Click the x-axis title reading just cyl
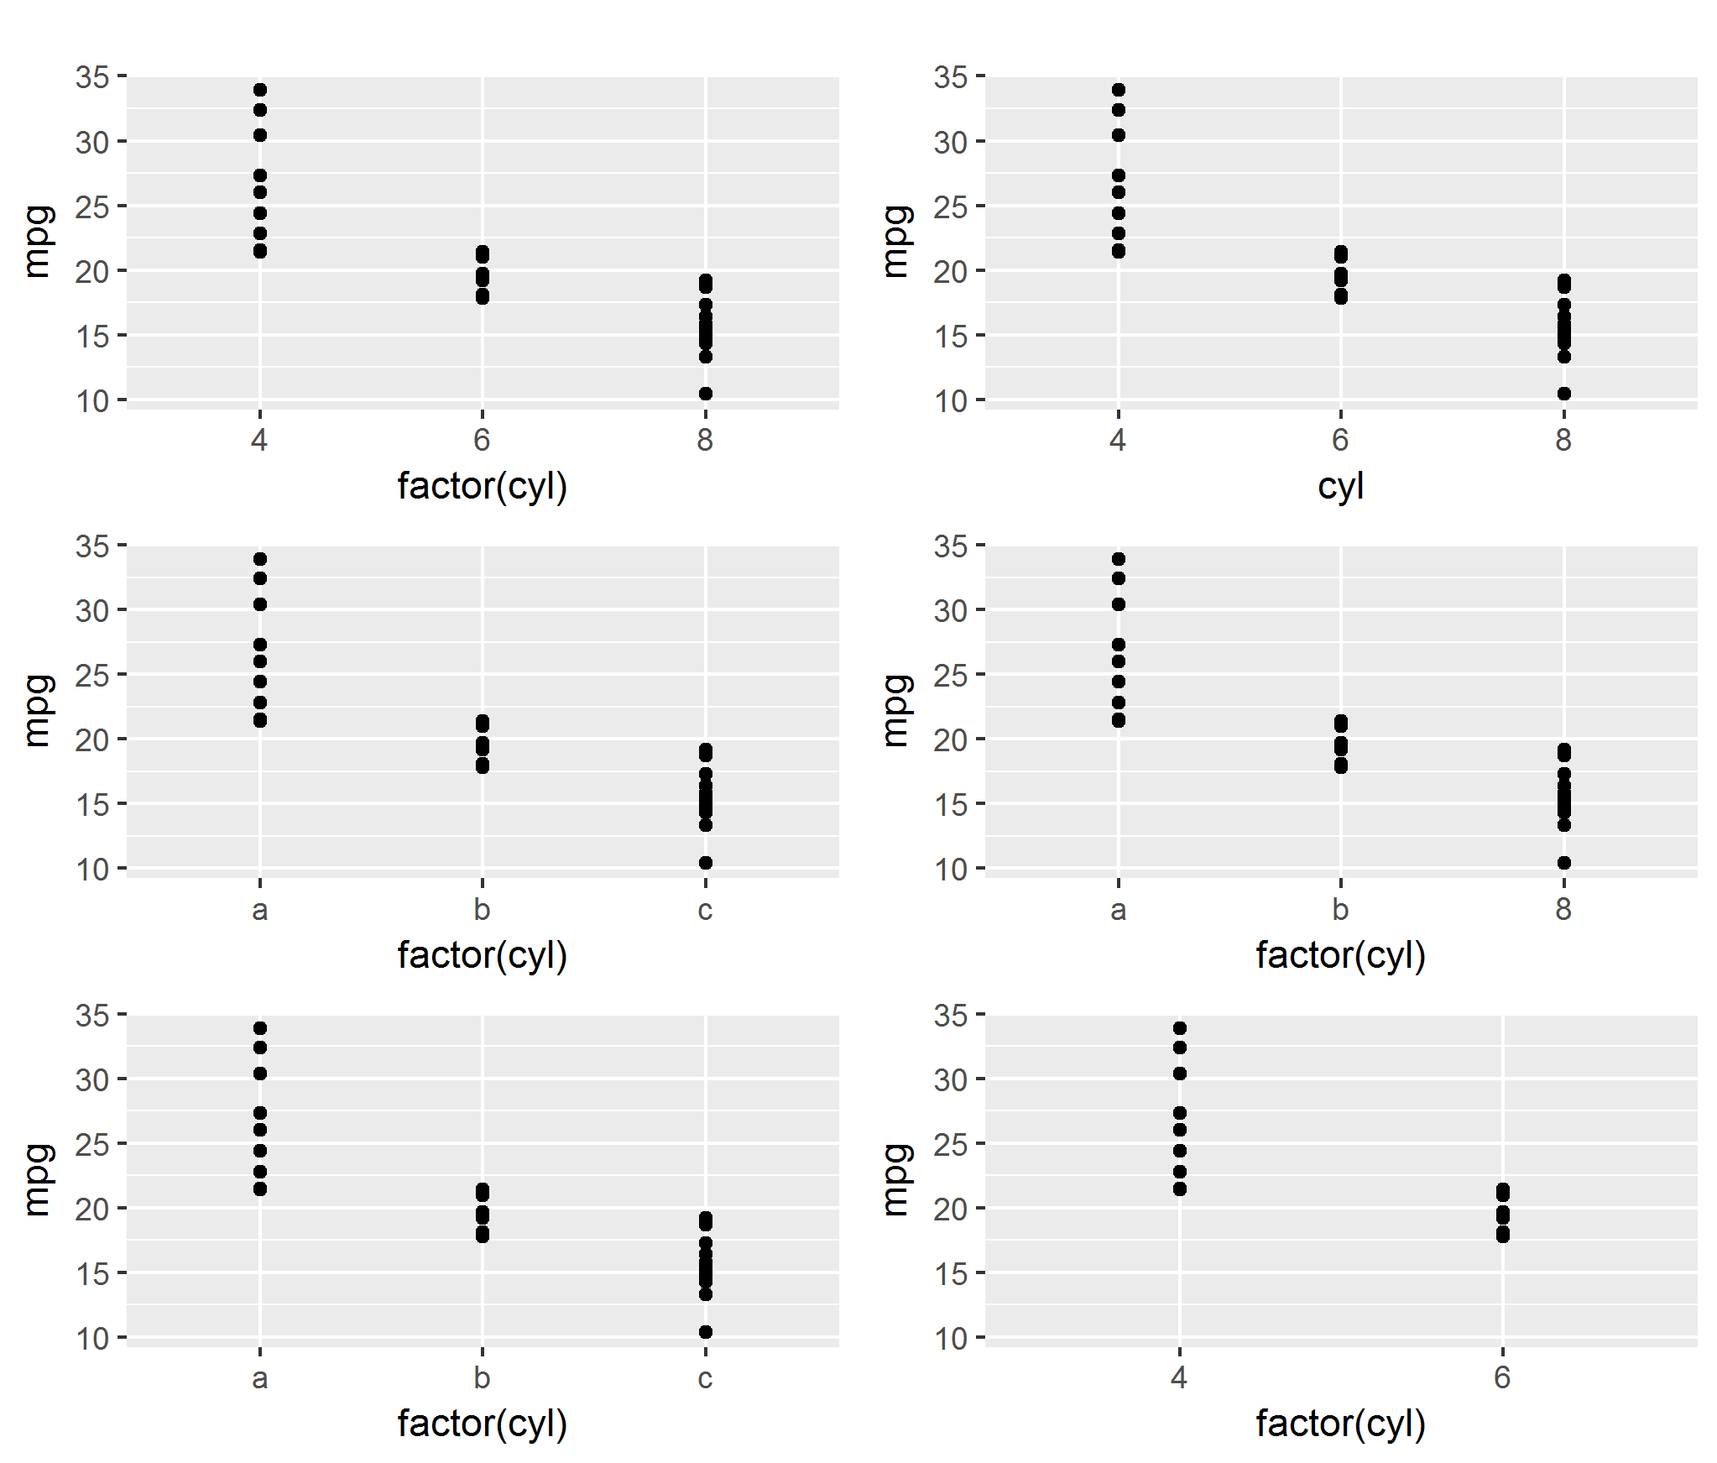(1340, 486)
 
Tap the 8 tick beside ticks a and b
(1563, 908)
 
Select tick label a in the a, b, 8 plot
(1118, 909)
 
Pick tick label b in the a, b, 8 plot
(1340, 908)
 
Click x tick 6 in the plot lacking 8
(1502, 1377)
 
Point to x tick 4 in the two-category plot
(1179, 1377)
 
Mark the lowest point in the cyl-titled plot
(1563, 394)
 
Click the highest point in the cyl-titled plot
(1118, 90)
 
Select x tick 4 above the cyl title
(1118, 440)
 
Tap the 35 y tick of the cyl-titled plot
(950, 77)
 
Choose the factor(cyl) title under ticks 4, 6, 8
(483, 486)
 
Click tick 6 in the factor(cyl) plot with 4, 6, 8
(482, 440)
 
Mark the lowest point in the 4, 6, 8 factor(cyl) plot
(706, 394)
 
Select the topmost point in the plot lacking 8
(1179, 1028)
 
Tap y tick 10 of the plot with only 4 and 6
(950, 1339)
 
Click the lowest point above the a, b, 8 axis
(1563, 863)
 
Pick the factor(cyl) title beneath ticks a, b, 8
(1340, 955)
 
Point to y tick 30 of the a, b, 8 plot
(950, 611)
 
